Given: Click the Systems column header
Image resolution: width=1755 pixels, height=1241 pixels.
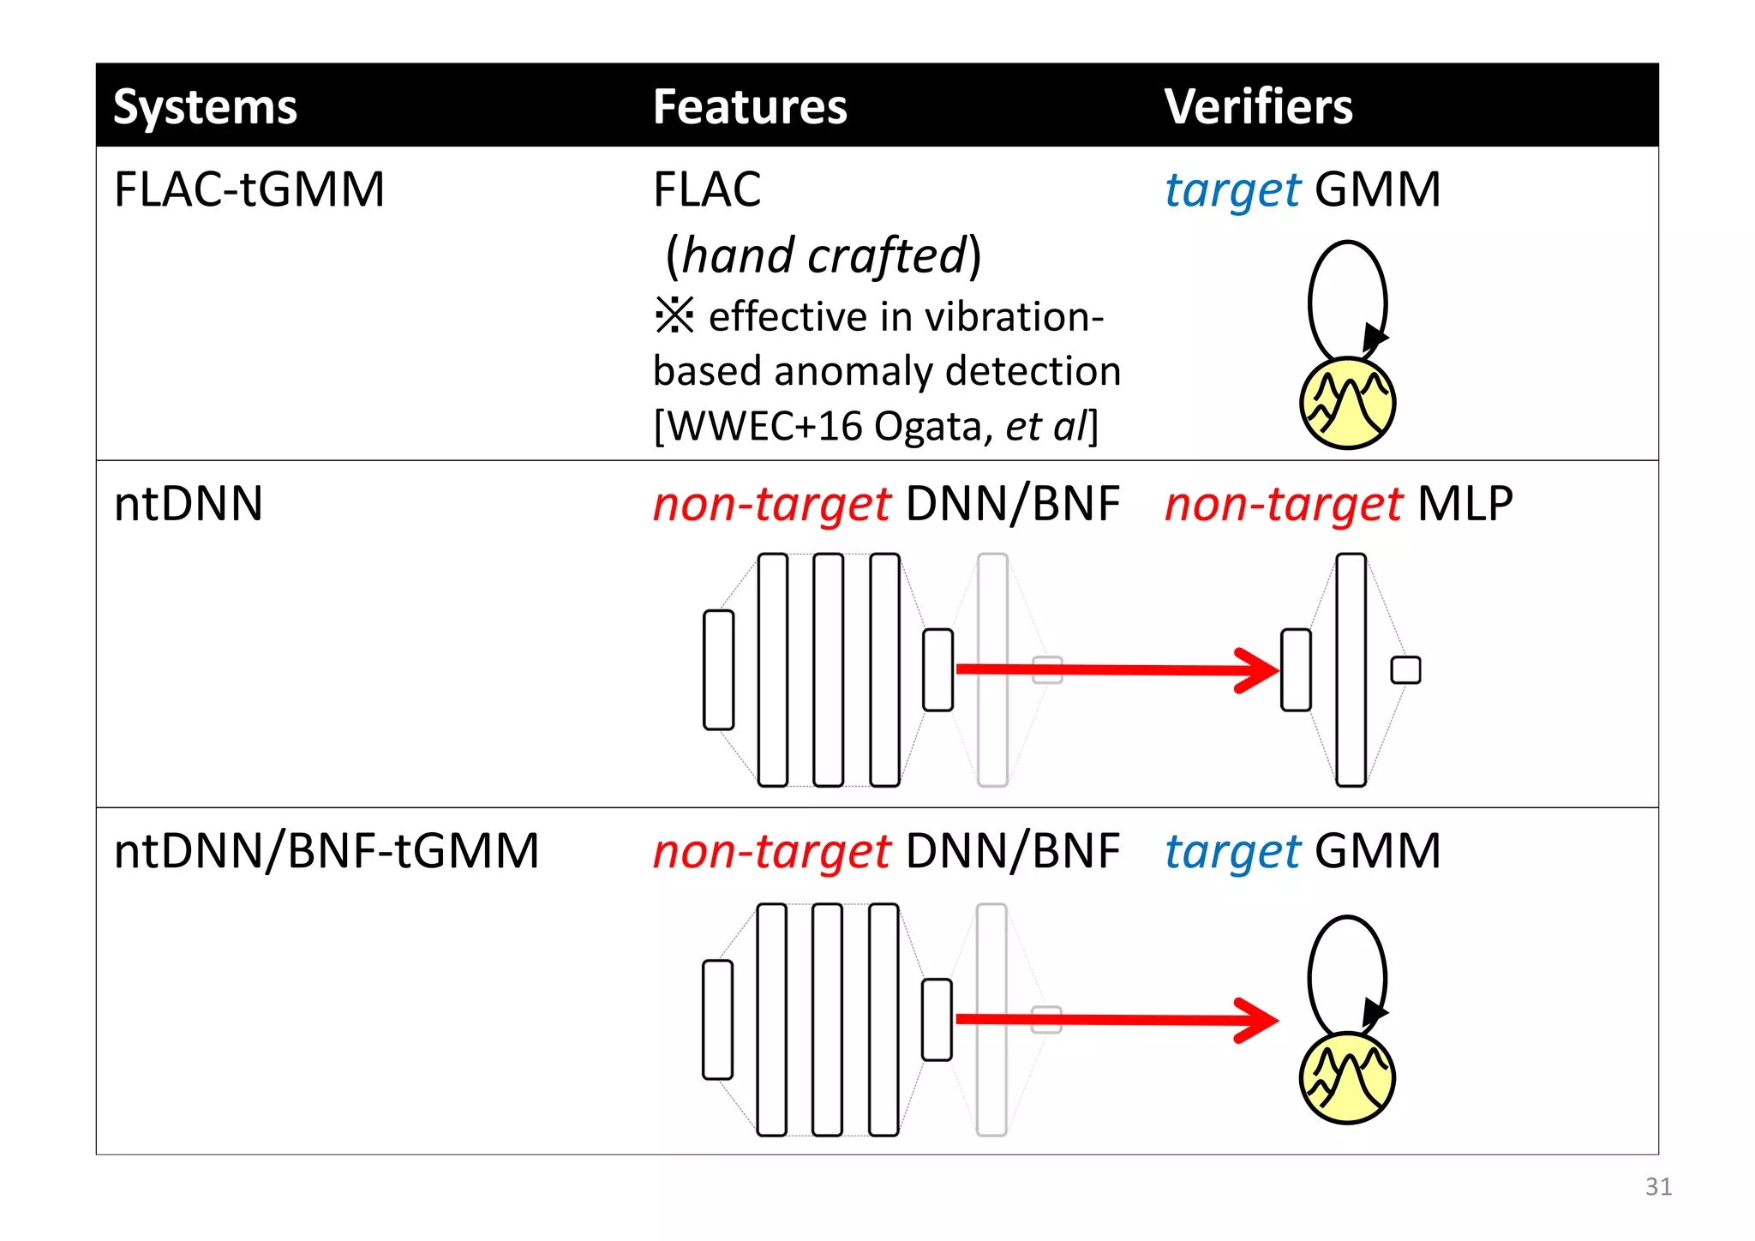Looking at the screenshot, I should (x=205, y=107).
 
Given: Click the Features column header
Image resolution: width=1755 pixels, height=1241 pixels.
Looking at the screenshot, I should (x=750, y=107).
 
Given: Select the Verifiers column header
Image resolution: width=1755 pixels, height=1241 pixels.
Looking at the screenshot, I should (x=1258, y=107).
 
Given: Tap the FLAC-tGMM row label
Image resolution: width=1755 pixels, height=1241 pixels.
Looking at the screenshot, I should (x=249, y=189).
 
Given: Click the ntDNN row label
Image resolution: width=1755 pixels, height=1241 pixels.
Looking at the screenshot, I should (x=189, y=504).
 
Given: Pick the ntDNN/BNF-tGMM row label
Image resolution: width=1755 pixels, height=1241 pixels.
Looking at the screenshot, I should (x=326, y=851).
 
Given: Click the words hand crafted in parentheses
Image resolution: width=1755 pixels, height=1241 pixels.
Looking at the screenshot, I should (x=824, y=256).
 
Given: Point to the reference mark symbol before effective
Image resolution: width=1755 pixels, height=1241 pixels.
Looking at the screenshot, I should (x=674, y=315).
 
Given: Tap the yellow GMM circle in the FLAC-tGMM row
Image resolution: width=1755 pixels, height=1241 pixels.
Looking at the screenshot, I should (x=1347, y=404).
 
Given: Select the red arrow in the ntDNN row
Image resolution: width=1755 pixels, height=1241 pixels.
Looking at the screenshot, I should (x=1114, y=669).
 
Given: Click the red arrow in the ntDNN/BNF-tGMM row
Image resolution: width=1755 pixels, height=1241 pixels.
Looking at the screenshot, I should (x=1114, y=1019).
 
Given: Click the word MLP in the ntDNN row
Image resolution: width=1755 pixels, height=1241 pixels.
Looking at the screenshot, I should (x=1464, y=504).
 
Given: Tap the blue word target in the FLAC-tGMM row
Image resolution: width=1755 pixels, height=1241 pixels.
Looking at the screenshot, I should (x=1232, y=190).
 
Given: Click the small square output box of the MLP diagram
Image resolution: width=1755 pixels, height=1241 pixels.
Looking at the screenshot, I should (x=1405, y=669).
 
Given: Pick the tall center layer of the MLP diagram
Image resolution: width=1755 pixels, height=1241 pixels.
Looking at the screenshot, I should (x=1351, y=669).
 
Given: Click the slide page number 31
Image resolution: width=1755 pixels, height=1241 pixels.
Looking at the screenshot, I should (x=1658, y=1186).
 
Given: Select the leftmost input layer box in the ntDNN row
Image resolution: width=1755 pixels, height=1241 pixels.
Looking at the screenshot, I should (x=718, y=669).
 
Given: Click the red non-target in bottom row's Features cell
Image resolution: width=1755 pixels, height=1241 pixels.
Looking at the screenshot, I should (x=771, y=851).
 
